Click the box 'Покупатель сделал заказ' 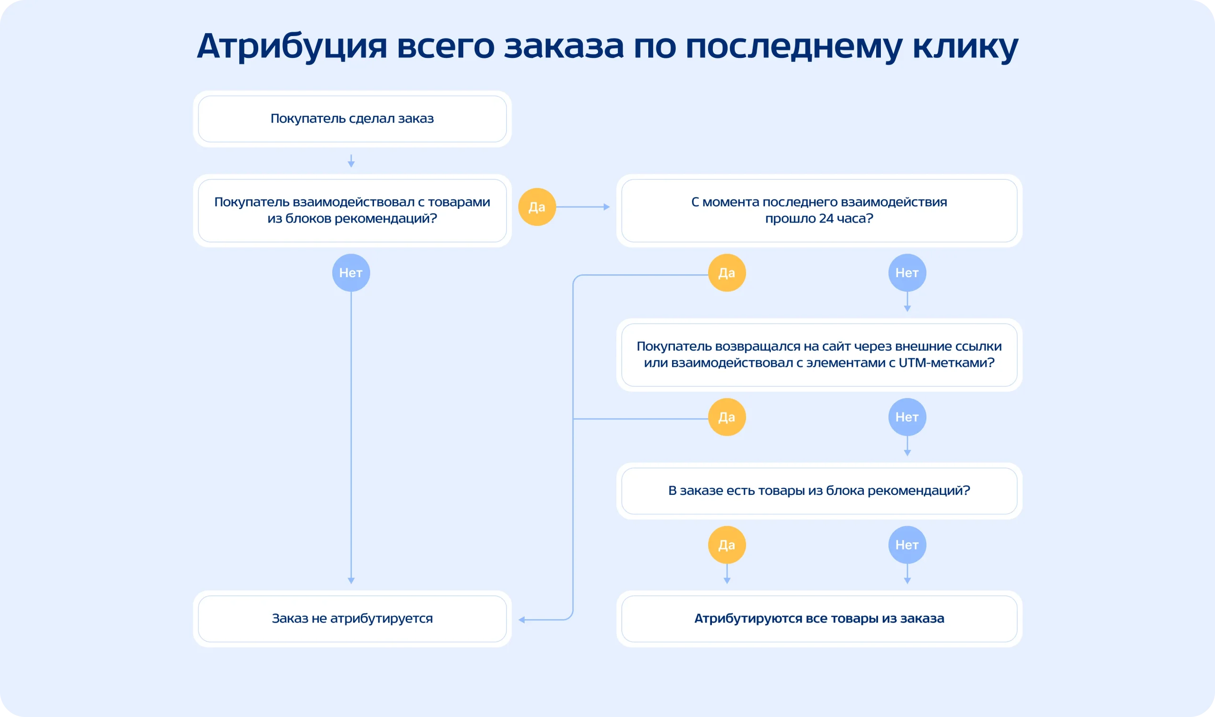pyautogui.click(x=352, y=119)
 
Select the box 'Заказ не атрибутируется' pyautogui.click(x=352, y=618)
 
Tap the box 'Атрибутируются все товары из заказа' pyautogui.click(x=819, y=618)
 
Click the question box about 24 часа pyautogui.click(x=819, y=211)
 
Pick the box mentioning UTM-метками pyautogui.click(x=819, y=354)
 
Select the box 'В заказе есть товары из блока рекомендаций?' pyautogui.click(x=819, y=491)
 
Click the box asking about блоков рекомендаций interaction pyautogui.click(x=352, y=211)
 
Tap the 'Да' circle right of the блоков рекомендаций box pyautogui.click(x=537, y=207)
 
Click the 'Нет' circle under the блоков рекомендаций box pyautogui.click(x=351, y=273)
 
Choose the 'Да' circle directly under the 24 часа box pyautogui.click(x=727, y=273)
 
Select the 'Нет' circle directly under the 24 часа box pyautogui.click(x=907, y=273)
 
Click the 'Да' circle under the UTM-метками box pyautogui.click(x=727, y=417)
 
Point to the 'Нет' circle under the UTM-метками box pyautogui.click(x=907, y=417)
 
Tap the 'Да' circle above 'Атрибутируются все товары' pyautogui.click(x=727, y=545)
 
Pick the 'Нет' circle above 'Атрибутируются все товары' pyautogui.click(x=907, y=545)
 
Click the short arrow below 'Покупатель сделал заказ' pyautogui.click(x=351, y=161)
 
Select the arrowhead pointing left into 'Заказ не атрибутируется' pyautogui.click(x=522, y=620)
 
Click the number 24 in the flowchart pyautogui.click(x=826, y=219)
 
